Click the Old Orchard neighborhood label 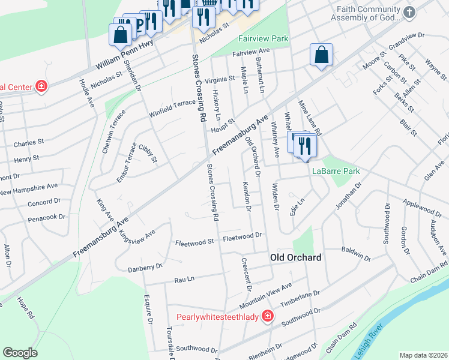click(295, 257)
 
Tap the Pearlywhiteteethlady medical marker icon click(267, 316)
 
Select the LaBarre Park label click(336, 171)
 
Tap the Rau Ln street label click(184, 279)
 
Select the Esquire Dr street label click(146, 307)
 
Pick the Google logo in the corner click(20, 353)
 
